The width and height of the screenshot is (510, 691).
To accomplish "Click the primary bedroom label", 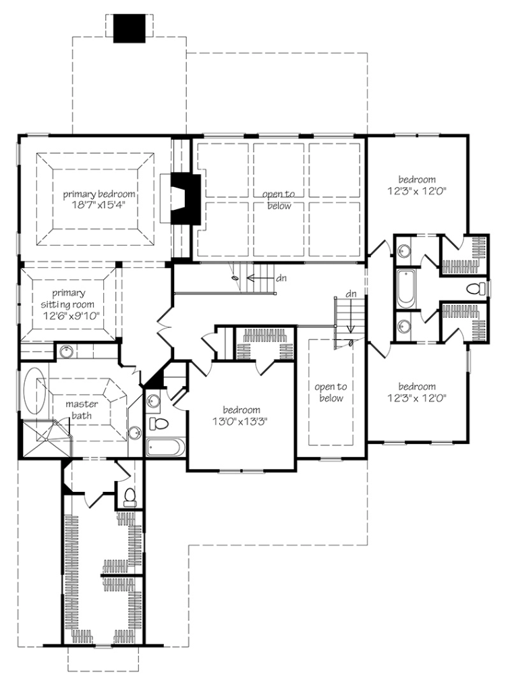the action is point(99,194).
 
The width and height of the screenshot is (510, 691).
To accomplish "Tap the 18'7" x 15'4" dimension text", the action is point(98,205).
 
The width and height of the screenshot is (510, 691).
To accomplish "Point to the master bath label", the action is point(82,410).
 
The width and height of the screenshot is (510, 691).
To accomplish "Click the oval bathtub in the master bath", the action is point(34,395).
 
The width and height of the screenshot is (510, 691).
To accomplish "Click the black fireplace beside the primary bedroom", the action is point(186,199).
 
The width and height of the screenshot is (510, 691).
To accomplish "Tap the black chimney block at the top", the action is point(129,28).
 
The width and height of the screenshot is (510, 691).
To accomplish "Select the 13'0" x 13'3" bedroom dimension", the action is point(240,422).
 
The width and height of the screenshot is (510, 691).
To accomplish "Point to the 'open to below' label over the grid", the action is point(279,200).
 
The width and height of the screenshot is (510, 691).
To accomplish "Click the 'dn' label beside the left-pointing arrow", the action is point(281,278).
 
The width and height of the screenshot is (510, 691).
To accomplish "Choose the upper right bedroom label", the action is point(417,179).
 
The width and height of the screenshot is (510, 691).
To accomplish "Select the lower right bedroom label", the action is point(417,387).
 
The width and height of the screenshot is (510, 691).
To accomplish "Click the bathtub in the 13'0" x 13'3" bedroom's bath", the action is point(165,447).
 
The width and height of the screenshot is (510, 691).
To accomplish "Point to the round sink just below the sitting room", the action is point(65,351).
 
